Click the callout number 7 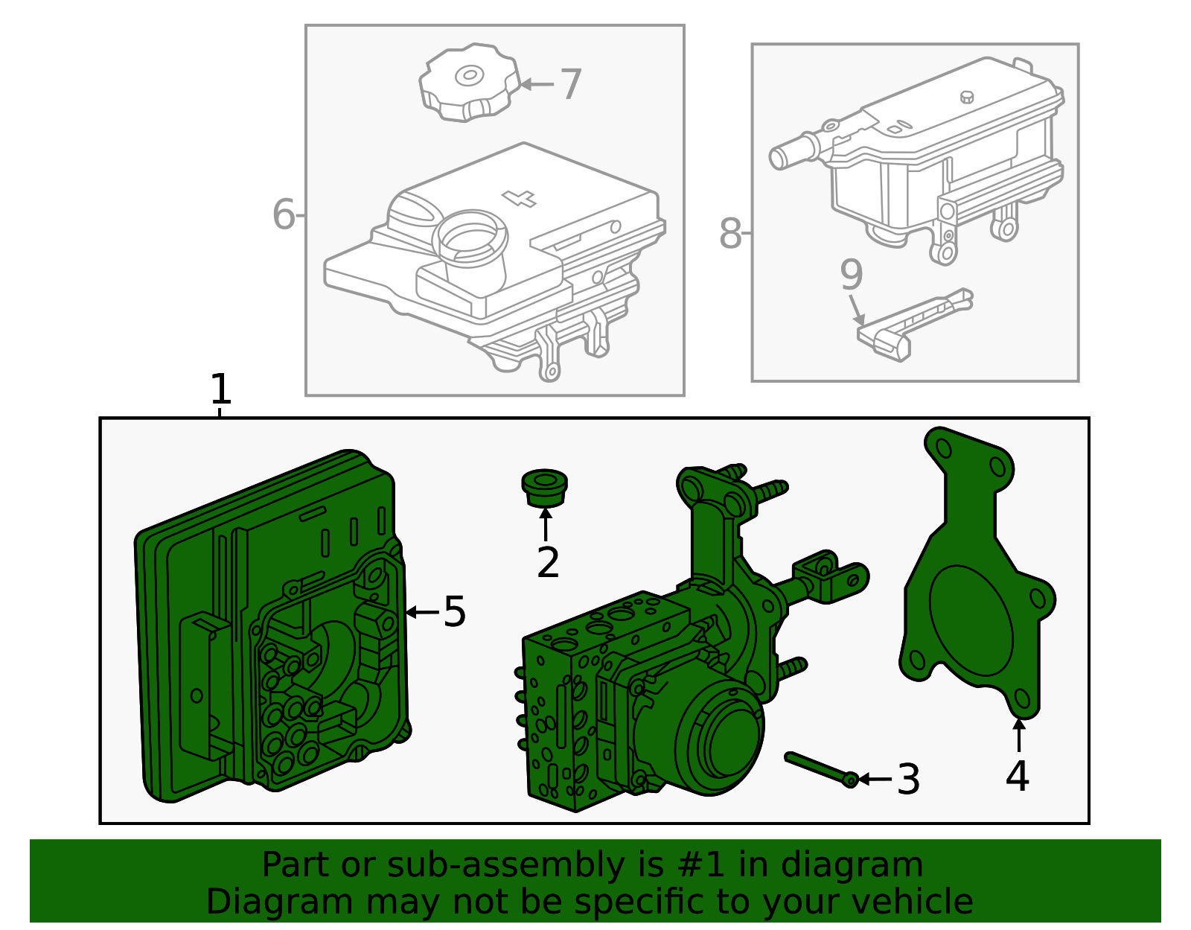pos(570,84)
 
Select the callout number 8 pos(730,234)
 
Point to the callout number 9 pos(851,275)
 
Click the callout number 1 pos(220,389)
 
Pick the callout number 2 pos(548,562)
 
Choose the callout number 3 pos(908,780)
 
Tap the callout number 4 pos(1018,776)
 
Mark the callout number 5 pos(454,612)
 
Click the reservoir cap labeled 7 pos(469,82)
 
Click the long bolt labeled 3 pos(821,769)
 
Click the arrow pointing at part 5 pos(423,612)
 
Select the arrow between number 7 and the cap pos(537,84)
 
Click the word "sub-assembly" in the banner pos(505,865)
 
